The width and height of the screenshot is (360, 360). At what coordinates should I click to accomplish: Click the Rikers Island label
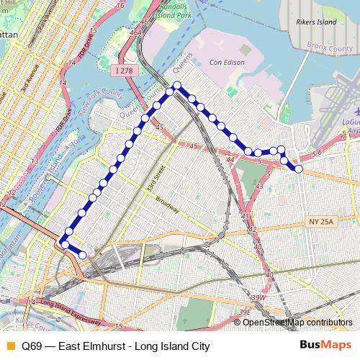[x=316, y=22]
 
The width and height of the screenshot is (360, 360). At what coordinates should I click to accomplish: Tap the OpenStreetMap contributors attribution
[x=297, y=323]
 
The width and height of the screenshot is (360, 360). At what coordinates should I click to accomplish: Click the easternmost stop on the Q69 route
[x=298, y=169]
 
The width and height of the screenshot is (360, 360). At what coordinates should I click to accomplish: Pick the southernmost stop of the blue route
[x=82, y=255]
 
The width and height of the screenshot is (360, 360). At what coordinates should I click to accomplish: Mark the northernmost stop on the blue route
[x=177, y=86]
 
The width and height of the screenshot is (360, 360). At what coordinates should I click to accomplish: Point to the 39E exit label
[x=245, y=311]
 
